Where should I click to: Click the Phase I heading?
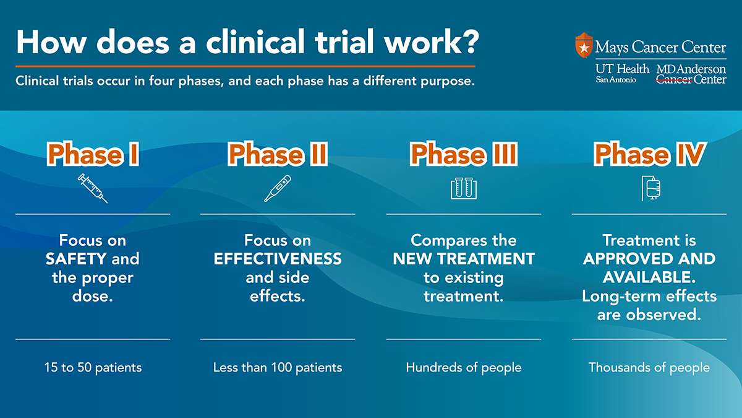[x=93, y=155]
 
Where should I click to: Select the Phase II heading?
[x=278, y=155]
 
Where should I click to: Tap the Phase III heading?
[x=464, y=155]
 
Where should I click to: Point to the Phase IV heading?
[x=649, y=155]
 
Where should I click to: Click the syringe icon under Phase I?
[x=93, y=189]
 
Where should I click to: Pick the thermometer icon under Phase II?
[x=278, y=188]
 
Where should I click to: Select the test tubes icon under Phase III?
[x=464, y=189]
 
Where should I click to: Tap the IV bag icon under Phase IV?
[x=649, y=188]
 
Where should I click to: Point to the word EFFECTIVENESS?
[x=278, y=259]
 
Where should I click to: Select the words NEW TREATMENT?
[x=464, y=259]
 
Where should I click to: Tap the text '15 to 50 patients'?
[x=93, y=368]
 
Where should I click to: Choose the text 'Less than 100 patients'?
[x=278, y=368]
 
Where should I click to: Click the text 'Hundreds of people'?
[x=464, y=368]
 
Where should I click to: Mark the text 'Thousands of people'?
[x=649, y=368]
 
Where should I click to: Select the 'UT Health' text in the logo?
[x=622, y=69]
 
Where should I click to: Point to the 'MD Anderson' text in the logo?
[x=691, y=69]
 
